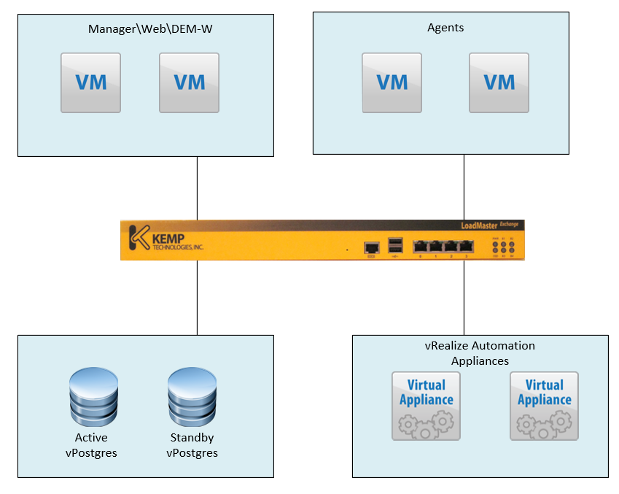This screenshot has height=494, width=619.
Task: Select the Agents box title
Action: click(x=445, y=28)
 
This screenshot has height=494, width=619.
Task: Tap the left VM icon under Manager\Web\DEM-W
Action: click(x=90, y=82)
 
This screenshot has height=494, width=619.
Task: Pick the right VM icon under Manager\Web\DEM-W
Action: click(x=189, y=82)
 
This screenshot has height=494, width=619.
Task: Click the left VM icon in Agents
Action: click(x=392, y=82)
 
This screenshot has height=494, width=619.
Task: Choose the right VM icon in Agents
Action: click(x=499, y=82)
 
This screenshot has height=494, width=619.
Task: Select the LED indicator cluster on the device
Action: click(x=504, y=246)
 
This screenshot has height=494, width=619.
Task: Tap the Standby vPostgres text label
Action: click(x=192, y=445)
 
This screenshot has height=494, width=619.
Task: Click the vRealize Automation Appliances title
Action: click(x=480, y=352)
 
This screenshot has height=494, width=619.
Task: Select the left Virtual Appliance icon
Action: click(x=426, y=406)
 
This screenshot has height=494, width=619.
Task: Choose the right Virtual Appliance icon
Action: click(x=544, y=406)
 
